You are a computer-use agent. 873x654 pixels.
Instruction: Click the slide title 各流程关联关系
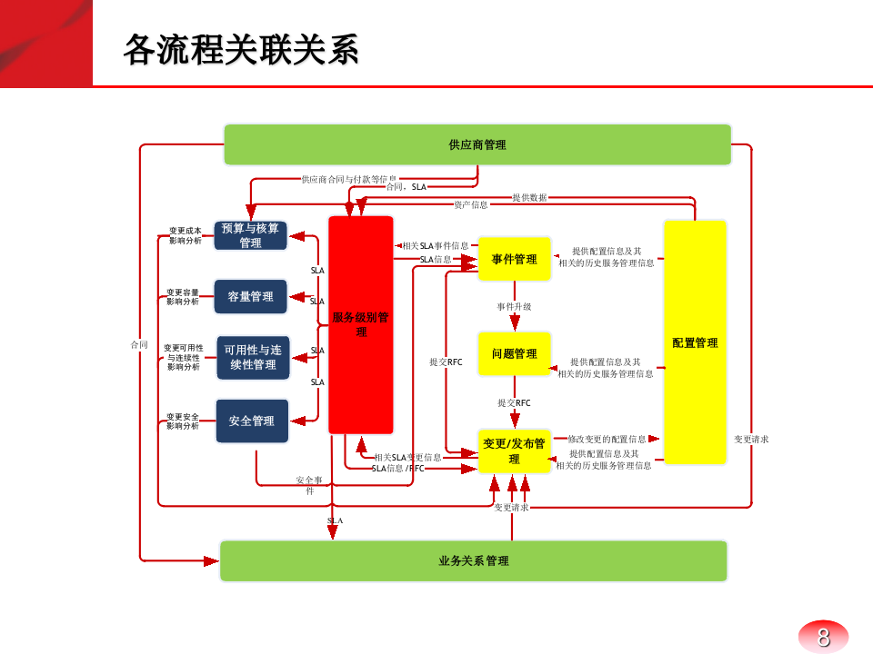tap(241, 50)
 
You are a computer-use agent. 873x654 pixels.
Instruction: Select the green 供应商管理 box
tap(477, 144)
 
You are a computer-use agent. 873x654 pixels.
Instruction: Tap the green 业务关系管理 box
tap(474, 560)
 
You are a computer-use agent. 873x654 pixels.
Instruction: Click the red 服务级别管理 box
tap(361, 324)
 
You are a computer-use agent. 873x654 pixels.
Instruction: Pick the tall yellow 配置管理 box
tap(695, 342)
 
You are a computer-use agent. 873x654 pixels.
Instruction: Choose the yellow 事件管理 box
tap(515, 259)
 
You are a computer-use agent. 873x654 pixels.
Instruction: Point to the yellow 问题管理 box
tap(515, 353)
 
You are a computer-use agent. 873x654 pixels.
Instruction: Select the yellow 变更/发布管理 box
tap(515, 451)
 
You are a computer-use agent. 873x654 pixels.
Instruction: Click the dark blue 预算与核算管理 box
tap(251, 235)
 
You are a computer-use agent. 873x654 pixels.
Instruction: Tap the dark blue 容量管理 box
tap(251, 296)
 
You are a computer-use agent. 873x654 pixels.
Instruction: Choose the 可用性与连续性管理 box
tap(252, 357)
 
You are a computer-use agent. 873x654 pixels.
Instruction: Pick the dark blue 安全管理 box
tap(252, 421)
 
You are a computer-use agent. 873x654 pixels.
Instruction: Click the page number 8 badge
tap(823, 637)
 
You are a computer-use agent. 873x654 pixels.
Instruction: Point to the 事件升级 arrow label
tap(514, 307)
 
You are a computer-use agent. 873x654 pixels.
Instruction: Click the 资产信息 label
tap(471, 204)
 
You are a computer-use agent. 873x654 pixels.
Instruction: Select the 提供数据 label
tap(529, 197)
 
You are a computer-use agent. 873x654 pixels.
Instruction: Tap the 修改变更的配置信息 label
tap(607, 439)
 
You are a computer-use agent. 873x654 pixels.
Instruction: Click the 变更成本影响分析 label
tap(186, 235)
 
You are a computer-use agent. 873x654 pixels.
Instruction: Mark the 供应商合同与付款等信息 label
tap(349, 179)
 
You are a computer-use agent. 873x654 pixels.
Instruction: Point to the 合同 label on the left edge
tap(139, 344)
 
